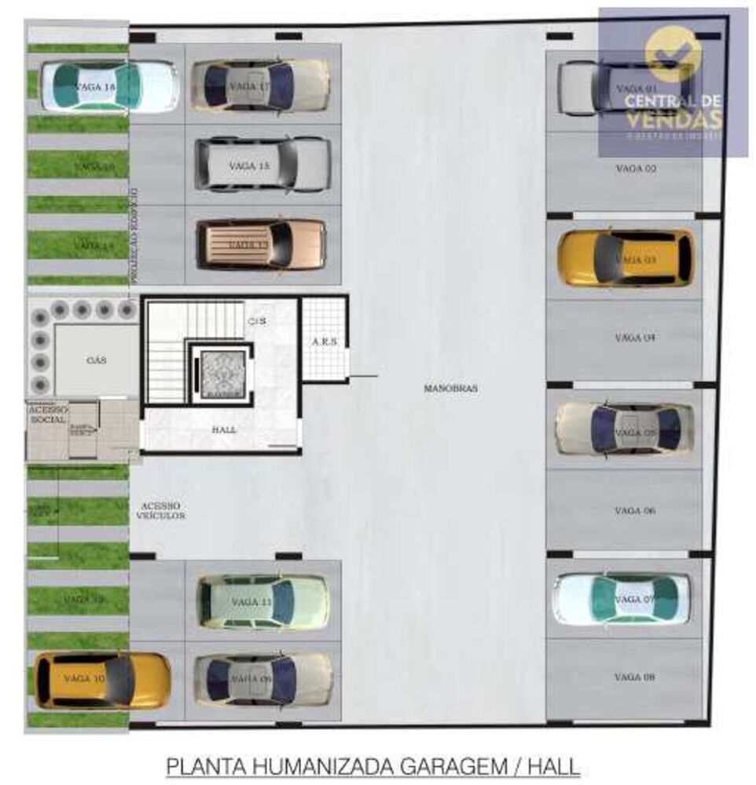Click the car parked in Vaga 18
(x=108, y=86)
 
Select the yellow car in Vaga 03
(x=626, y=258)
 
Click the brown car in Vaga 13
(x=260, y=244)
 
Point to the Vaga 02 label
(x=636, y=169)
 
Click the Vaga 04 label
(x=636, y=338)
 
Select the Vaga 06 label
(x=636, y=511)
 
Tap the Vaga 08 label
(x=636, y=677)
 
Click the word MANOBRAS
(x=450, y=389)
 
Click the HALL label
(x=224, y=430)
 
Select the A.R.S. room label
(x=324, y=342)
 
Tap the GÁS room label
(x=96, y=360)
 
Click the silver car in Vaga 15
(x=262, y=164)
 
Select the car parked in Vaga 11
(x=262, y=601)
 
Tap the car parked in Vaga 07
(x=622, y=599)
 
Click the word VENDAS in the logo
(x=673, y=119)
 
